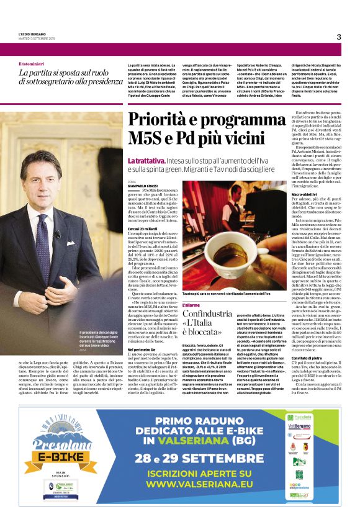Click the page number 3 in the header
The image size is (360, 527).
pyautogui.click(x=339, y=37)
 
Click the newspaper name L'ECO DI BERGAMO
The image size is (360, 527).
pyautogui.click(x=32, y=35)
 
